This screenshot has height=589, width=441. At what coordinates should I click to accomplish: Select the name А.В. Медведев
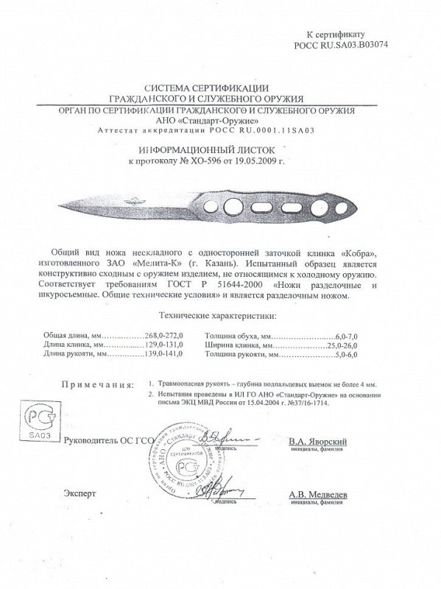point(318,495)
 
